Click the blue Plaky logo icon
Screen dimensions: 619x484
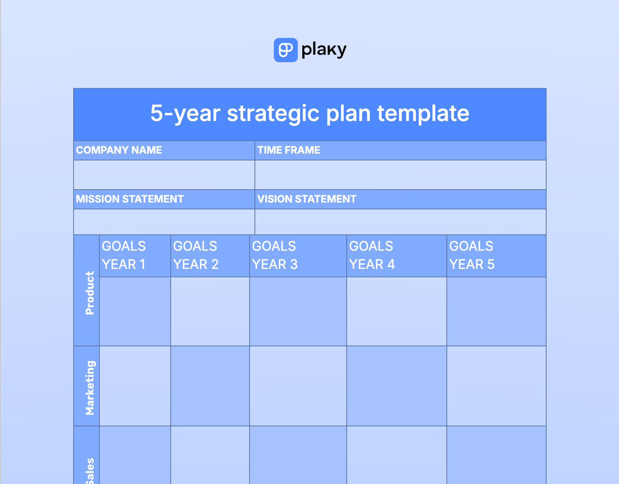(286, 50)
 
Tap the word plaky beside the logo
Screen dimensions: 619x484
(324, 50)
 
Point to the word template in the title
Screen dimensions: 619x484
(423, 114)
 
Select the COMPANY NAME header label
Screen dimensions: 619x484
(119, 150)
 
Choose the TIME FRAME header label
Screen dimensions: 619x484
(289, 150)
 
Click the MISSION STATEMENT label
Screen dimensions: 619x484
(130, 199)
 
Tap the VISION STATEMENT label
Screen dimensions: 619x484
(307, 199)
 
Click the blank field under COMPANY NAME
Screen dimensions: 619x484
(164, 175)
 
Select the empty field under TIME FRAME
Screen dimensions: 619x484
(401, 175)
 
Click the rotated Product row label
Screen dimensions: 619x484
(90, 293)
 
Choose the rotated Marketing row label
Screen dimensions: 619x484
(90, 388)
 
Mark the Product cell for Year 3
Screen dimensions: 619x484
(298, 311)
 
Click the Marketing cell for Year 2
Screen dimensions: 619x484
(210, 386)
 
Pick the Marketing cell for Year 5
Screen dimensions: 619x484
(496, 386)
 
